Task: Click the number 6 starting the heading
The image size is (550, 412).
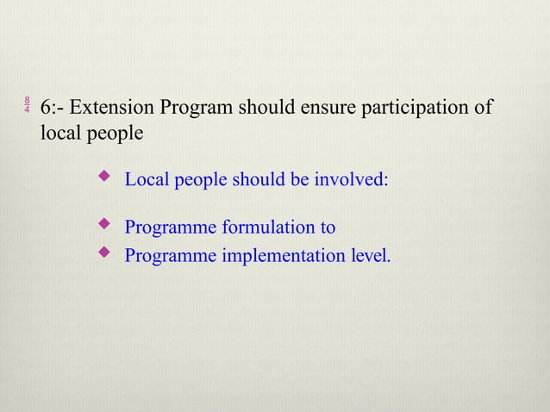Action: click(46, 109)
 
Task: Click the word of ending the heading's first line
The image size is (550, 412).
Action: click(484, 109)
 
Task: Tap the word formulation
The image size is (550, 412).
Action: click(269, 228)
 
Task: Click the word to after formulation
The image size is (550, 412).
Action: click(328, 228)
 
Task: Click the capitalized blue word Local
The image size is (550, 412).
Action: click(147, 181)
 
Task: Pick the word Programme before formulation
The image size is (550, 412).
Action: click(171, 228)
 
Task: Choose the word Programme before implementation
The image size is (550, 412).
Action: click(171, 256)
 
